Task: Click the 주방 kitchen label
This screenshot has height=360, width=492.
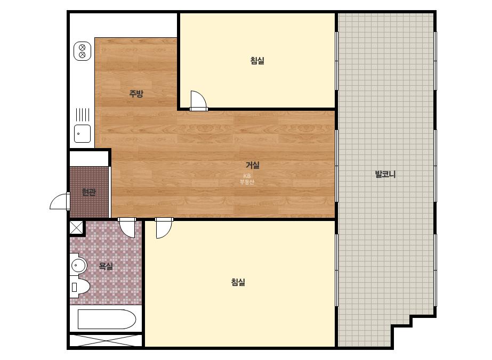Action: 136,93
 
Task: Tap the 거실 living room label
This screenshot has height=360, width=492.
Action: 253,165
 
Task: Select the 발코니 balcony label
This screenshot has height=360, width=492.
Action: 385,174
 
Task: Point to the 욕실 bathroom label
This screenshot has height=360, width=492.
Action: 106,266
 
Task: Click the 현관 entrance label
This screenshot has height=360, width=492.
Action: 88,192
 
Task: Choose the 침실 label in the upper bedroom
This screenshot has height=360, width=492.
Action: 257,61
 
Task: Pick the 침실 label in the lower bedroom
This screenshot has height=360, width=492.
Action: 238,282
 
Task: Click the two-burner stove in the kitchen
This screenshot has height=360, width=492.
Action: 82,51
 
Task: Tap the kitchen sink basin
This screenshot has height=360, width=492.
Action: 82,134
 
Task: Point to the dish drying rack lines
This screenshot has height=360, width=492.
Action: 83,115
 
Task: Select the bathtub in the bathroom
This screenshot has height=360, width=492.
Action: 107,319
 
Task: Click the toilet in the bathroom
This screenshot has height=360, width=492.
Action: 80,287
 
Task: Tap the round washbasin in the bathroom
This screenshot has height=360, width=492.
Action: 78,266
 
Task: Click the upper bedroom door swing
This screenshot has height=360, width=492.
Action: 199,101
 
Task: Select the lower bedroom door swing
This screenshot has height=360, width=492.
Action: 164,228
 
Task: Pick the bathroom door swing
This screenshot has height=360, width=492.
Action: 127,228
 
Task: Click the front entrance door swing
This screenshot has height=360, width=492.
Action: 60,201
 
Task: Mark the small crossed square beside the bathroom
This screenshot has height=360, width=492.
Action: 76,227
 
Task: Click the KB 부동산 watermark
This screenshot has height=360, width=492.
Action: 247,179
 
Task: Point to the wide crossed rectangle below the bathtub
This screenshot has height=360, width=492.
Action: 106,340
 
